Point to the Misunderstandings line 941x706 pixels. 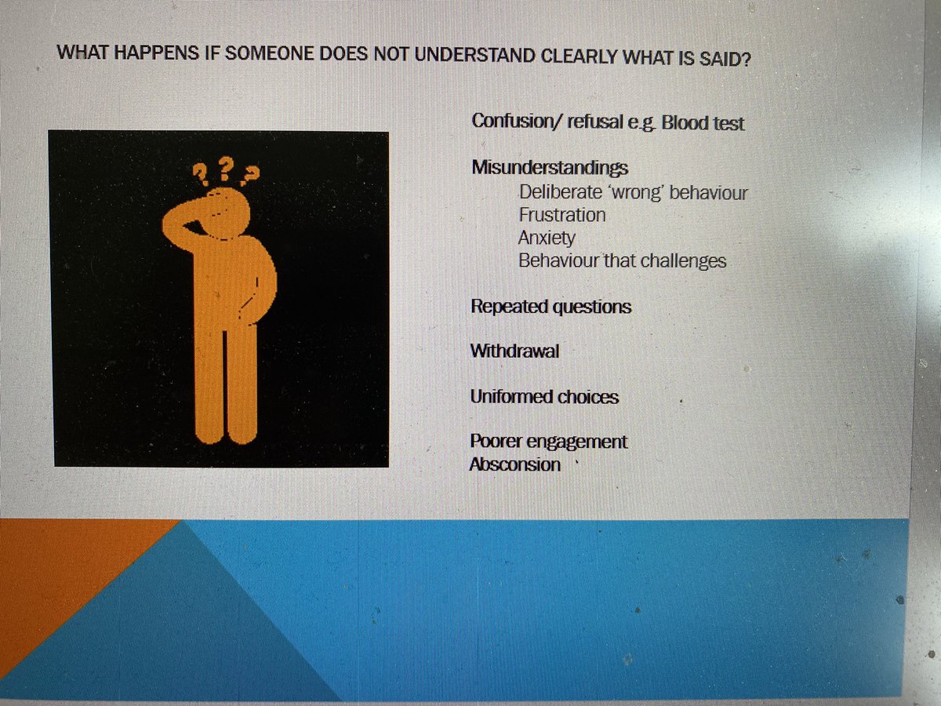pos(549,168)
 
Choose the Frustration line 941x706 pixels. pos(561,215)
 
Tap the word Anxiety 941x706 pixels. pos(546,238)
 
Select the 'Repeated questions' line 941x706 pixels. pos(550,306)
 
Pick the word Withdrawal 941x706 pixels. pos(514,351)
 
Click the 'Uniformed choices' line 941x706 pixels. pos(544,397)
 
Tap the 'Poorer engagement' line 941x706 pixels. pos(548,442)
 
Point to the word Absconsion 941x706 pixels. pos(514,464)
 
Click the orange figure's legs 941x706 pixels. pos(226,384)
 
